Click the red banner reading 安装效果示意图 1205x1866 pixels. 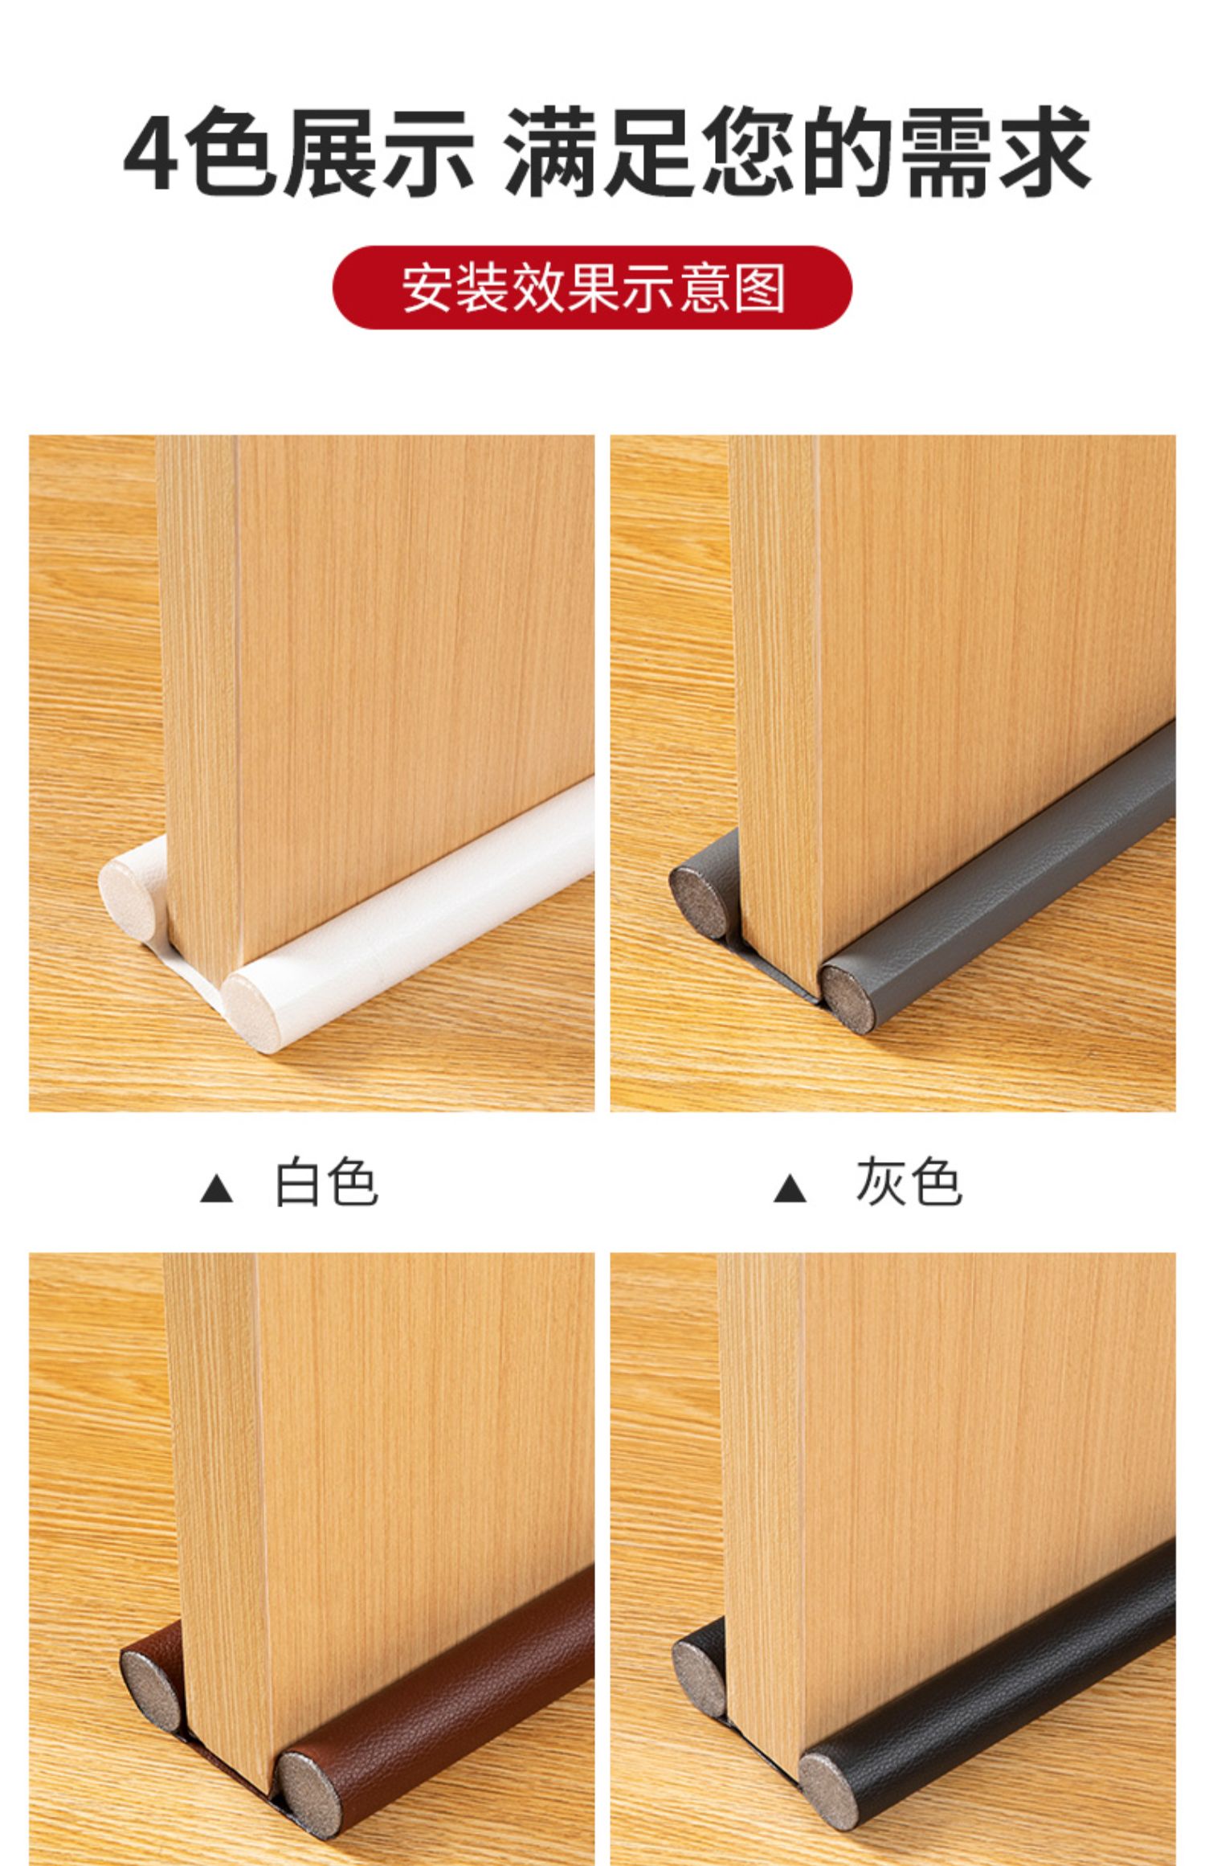tap(592, 287)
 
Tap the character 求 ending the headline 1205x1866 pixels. tap(1045, 153)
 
